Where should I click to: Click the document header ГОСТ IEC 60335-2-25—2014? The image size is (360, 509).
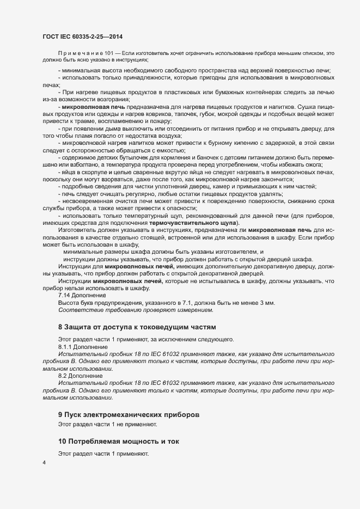click(83, 36)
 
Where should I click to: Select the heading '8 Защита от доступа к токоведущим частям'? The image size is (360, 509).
click(137, 327)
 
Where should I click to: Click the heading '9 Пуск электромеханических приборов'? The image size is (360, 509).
click(125, 414)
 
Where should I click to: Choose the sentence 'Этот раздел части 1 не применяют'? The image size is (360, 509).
click(107, 424)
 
